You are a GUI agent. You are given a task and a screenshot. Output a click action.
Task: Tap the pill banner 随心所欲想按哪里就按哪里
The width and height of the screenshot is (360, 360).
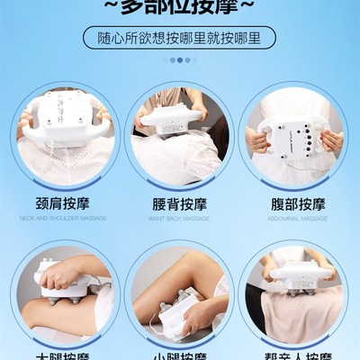[x=180, y=39]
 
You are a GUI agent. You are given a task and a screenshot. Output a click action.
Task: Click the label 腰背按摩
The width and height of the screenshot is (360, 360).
[x=180, y=203]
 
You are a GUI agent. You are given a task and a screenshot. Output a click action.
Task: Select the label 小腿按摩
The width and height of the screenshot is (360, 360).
[x=180, y=354]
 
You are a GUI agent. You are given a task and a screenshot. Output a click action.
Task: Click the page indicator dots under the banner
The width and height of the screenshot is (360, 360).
[x=180, y=60]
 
